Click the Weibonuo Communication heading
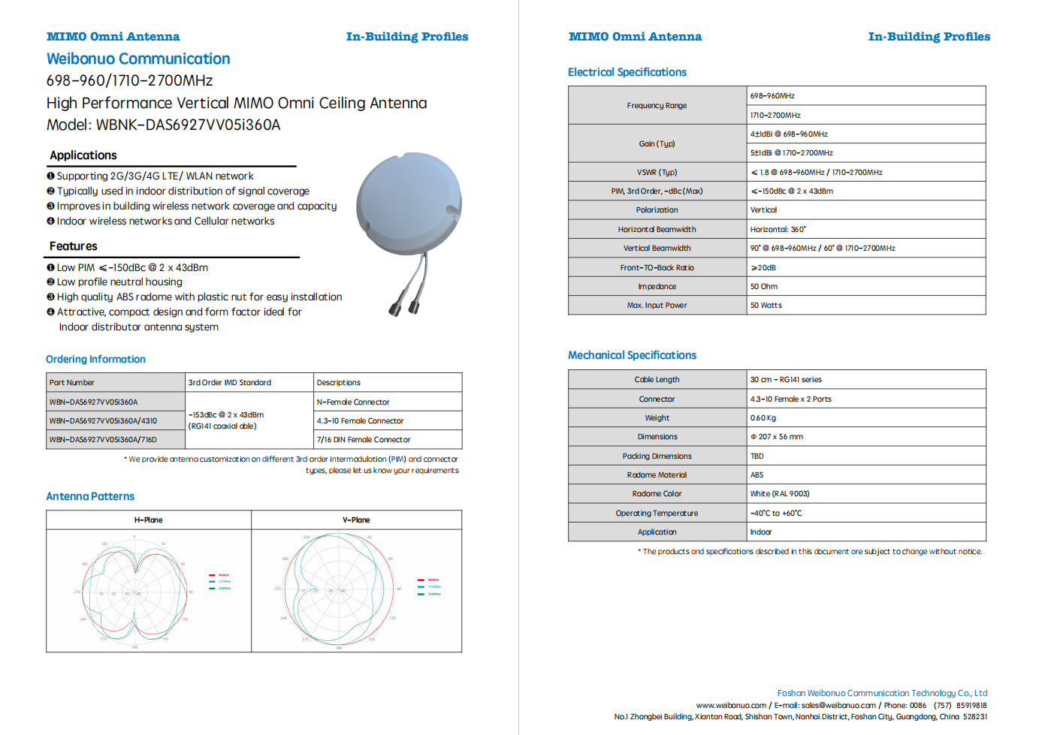(138, 59)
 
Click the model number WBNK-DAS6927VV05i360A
(188, 125)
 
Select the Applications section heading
(83, 155)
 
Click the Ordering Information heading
(95, 360)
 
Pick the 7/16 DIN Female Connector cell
(364, 440)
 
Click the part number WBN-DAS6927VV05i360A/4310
(103, 421)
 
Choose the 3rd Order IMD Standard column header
(230, 383)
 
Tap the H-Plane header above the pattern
(149, 520)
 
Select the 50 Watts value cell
(766, 306)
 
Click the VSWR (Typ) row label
(657, 173)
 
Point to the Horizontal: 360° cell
(778, 230)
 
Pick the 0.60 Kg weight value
(763, 418)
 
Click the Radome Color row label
(657, 494)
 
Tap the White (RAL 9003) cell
(779, 494)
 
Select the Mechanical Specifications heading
(632, 355)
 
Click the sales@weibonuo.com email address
(838, 706)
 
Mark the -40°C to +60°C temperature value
(775, 514)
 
